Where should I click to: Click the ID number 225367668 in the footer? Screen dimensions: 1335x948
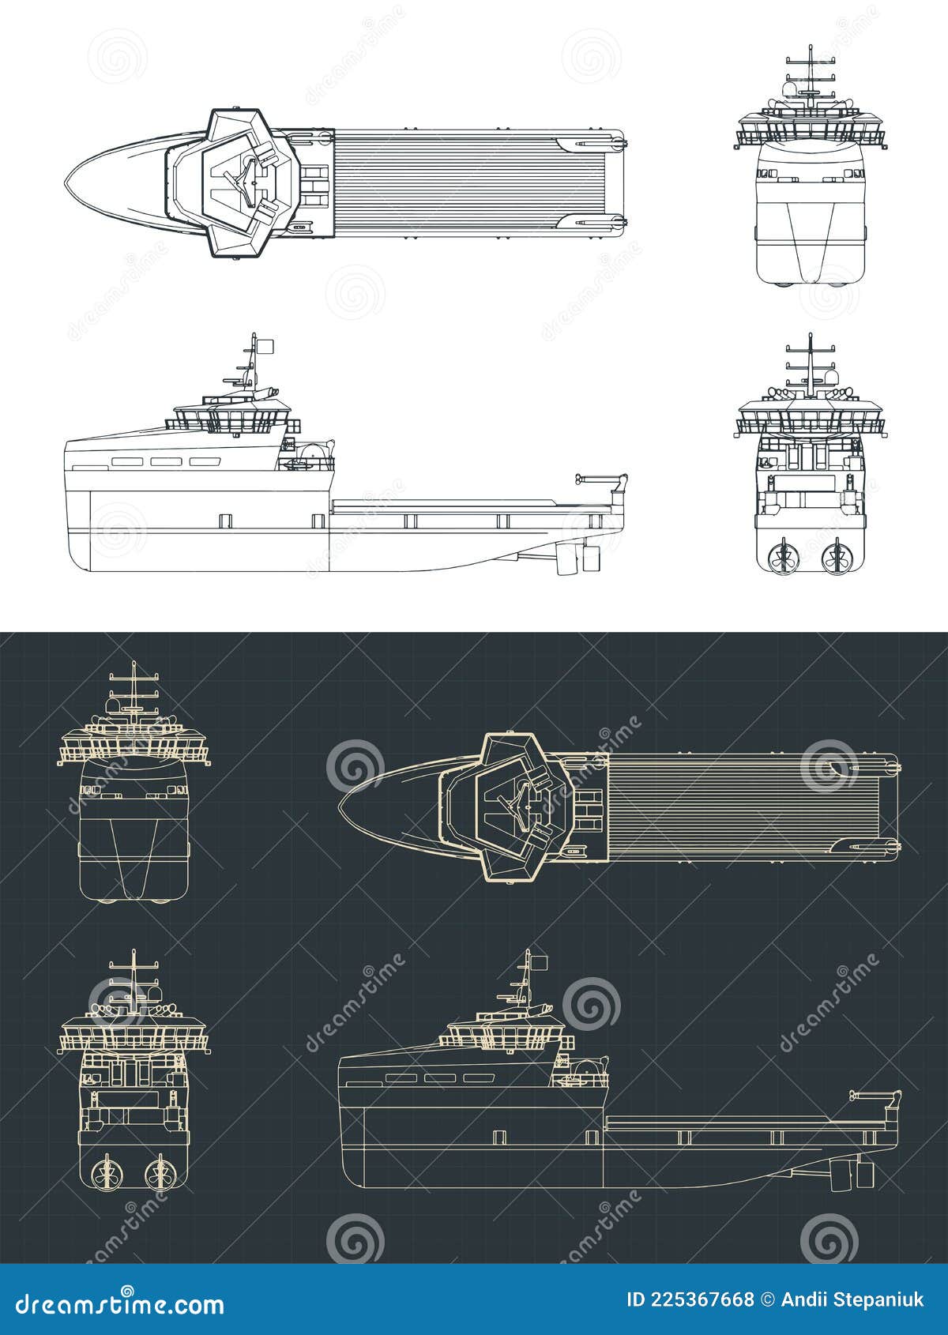click(x=690, y=1299)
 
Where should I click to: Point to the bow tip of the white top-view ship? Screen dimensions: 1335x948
click(x=66, y=183)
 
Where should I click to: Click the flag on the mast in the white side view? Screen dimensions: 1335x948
click(x=266, y=345)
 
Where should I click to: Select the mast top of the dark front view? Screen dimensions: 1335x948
click(x=134, y=665)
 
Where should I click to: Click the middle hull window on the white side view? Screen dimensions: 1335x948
click(x=167, y=461)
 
